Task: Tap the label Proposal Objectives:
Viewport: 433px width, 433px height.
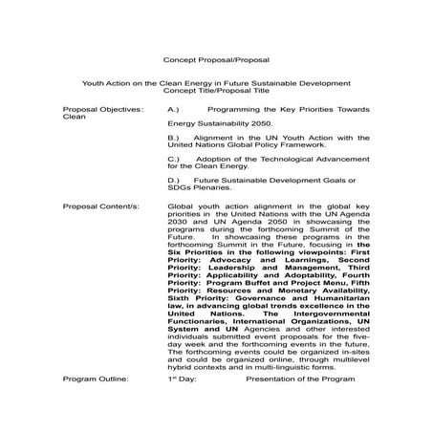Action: (104, 110)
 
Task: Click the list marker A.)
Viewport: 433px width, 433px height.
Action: (174, 110)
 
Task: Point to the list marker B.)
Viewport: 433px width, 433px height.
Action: (174, 137)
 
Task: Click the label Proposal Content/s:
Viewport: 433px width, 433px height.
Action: (101, 206)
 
